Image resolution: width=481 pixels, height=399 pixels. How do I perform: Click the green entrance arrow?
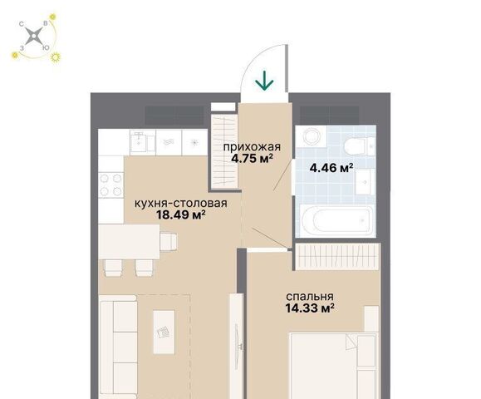click(264, 81)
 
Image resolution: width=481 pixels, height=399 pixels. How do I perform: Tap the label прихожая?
click(252, 147)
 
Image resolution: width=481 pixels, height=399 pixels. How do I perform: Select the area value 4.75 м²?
click(252, 159)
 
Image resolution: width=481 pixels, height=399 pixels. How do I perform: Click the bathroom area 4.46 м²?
click(331, 168)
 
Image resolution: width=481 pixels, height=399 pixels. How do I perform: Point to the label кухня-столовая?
click(181, 203)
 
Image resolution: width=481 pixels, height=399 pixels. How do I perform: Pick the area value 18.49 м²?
click(180, 214)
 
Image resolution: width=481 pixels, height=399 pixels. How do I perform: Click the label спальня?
click(310, 297)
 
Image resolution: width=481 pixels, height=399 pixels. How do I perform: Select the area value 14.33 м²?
click(310, 308)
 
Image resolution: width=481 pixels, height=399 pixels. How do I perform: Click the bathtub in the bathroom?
click(336, 220)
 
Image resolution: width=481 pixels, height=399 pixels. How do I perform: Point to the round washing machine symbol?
click(312, 135)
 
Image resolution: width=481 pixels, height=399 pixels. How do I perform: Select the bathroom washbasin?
click(365, 182)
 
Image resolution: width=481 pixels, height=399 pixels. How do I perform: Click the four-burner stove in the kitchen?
click(110, 185)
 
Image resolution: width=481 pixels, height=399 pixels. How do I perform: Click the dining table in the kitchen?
click(129, 242)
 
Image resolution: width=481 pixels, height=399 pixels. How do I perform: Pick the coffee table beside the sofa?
click(164, 332)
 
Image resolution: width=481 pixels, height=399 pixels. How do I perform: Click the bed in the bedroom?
click(334, 366)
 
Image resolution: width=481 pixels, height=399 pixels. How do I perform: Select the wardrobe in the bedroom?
click(337, 257)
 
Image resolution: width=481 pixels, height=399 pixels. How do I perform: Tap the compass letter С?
click(22, 24)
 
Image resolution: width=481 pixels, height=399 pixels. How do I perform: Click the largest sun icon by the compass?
click(56, 57)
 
